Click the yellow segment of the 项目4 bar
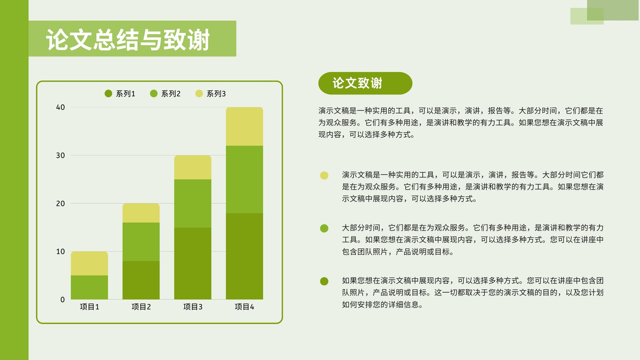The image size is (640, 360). pyautogui.click(x=244, y=126)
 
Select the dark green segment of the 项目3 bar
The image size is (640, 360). pyautogui.click(x=192, y=263)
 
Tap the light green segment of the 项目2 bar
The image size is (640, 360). pyautogui.click(x=141, y=242)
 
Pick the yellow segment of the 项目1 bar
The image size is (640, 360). pyautogui.click(x=90, y=264)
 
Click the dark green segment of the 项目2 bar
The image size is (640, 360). pyautogui.click(x=141, y=280)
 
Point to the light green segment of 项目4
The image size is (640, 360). pyautogui.click(x=244, y=180)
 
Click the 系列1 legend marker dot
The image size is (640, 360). pyautogui.click(x=108, y=94)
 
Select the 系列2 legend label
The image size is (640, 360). pyautogui.click(x=170, y=94)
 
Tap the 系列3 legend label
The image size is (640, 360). pyautogui.click(x=216, y=94)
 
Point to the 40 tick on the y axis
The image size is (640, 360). pyautogui.click(x=60, y=108)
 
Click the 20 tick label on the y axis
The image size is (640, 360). pyautogui.click(x=60, y=204)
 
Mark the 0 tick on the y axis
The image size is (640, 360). pyautogui.click(x=62, y=300)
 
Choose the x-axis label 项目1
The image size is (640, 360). pyautogui.click(x=90, y=307)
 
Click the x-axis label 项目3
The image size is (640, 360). pyautogui.click(x=192, y=307)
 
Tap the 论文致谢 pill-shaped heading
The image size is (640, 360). pyautogui.click(x=365, y=83)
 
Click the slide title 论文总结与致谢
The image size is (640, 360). pyautogui.click(x=128, y=40)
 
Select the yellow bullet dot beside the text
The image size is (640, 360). pyautogui.click(x=324, y=176)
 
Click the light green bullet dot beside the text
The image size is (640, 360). pyautogui.click(x=324, y=228)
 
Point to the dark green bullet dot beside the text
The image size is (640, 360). pyautogui.click(x=324, y=281)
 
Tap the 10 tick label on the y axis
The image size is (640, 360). pyautogui.click(x=60, y=252)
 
